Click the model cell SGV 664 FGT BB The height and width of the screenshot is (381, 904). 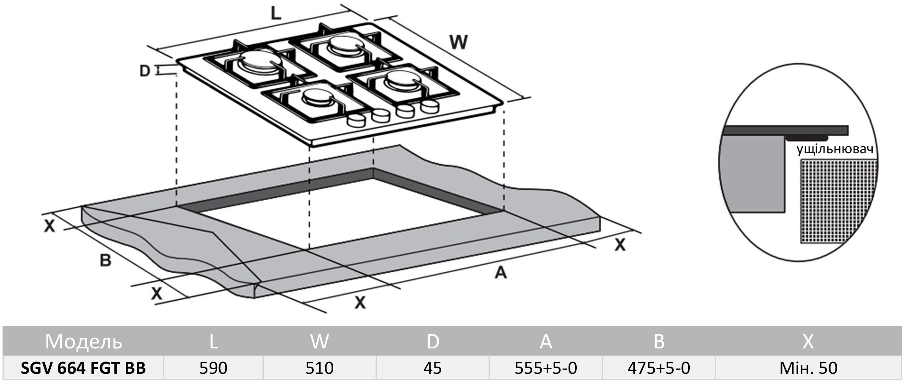[x=83, y=368]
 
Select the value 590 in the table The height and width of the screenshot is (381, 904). [x=213, y=368]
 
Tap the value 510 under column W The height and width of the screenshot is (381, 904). [x=319, y=368]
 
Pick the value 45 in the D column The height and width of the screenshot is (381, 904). [x=432, y=368]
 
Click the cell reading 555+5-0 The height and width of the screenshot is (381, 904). [x=546, y=368]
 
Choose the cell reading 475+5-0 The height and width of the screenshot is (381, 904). [x=659, y=368]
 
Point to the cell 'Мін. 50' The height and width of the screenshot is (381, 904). [x=808, y=368]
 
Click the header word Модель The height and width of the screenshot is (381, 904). [x=83, y=342]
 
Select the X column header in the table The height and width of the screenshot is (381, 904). [x=808, y=341]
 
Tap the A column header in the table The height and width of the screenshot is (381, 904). [x=546, y=341]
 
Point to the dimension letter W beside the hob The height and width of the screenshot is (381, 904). [x=458, y=42]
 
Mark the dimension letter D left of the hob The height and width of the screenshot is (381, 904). [x=145, y=71]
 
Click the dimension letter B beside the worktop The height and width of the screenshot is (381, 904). [x=105, y=260]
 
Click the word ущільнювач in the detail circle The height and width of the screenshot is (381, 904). [x=835, y=149]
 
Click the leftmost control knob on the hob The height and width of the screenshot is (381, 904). [x=356, y=121]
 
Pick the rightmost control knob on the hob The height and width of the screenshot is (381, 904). [x=430, y=107]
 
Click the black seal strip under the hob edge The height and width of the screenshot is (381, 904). [x=806, y=138]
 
